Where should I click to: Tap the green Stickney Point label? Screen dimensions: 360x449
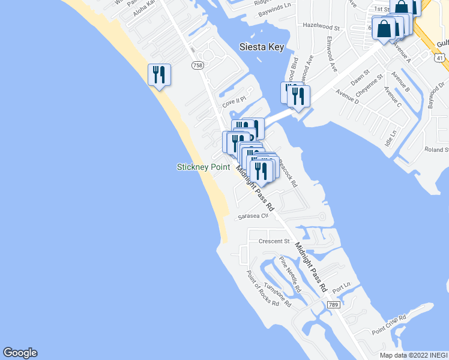(x=203, y=167)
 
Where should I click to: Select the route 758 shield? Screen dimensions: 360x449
(x=197, y=64)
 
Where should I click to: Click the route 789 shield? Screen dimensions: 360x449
(x=334, y=305)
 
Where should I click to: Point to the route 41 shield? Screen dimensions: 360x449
(x=441, y=58)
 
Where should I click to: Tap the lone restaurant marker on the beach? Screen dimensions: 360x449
(x=159, y=75)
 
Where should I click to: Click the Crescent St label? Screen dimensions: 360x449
(x=274, y=241)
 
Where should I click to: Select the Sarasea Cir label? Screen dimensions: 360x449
(x=252, y=217)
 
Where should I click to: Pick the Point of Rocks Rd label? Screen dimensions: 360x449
(x=263, y=288)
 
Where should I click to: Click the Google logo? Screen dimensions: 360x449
(x=20, y=353)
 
